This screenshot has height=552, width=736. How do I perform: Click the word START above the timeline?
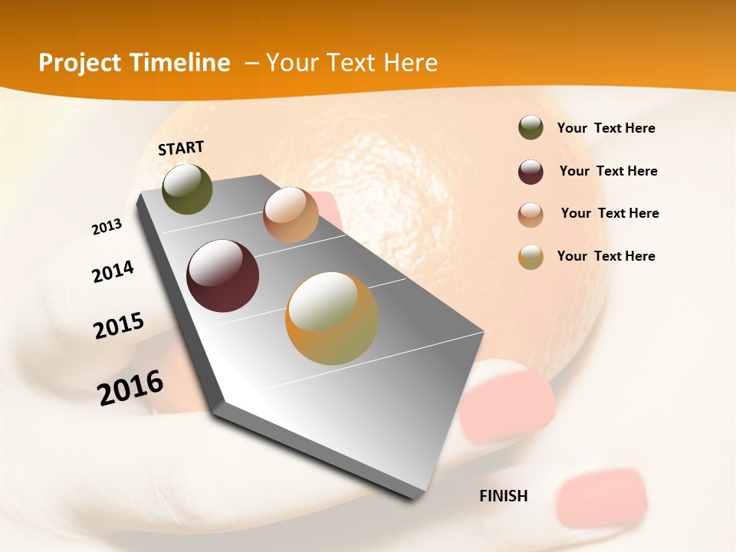(x=181, y=148)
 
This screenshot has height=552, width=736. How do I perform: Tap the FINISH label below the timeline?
(x=503, y=496)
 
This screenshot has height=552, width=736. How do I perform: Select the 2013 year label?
(x=107, y=227)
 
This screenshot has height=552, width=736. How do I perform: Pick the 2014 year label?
(x=113, y=271)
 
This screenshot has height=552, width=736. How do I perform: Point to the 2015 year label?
(x=119, y=326)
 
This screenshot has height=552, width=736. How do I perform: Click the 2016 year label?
(x=130, y=388)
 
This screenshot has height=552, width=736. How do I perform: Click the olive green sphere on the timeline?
(x=187, y=189)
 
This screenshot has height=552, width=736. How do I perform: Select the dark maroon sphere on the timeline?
(x=222, y=276)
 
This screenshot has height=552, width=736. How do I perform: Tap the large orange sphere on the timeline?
(x=332, y=319)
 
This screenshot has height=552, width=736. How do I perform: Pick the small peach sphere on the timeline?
(x=291, y=215)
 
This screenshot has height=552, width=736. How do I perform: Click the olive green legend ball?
(x=531, y=128)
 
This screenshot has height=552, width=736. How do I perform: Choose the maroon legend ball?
(x=531, y=172)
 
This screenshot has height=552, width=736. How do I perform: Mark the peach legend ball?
(x=531, y=215)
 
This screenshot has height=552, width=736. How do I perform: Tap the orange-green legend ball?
(x=531, y=257)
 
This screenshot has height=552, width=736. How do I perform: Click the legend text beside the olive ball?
(x=606, y=128)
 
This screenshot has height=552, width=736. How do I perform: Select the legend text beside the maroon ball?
(x=608, y=171)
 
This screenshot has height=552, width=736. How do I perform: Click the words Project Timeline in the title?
(x=134, y=63)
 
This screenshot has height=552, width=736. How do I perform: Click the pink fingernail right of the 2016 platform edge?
(x=509, y=402)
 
